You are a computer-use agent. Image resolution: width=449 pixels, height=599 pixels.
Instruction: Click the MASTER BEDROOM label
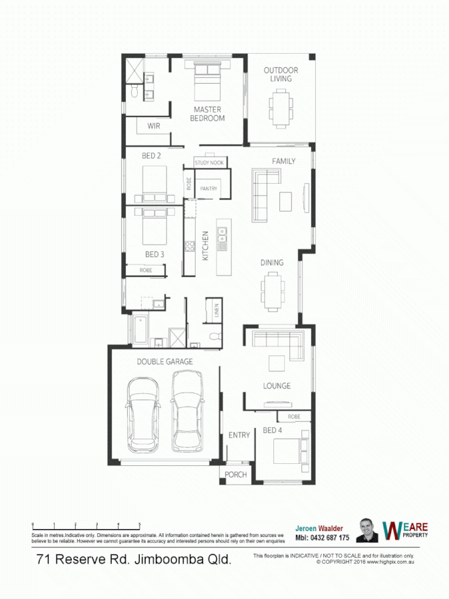(208, 114)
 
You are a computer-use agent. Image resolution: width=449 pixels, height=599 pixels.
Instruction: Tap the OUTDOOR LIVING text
(281, 75)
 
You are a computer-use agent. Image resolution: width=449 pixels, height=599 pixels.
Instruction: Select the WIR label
(154, 125)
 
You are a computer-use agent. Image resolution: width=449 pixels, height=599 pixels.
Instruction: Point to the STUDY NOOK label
(210, 162)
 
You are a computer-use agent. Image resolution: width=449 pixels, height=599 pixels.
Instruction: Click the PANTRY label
(209, 189)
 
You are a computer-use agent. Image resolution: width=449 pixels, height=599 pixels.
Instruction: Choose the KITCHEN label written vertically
(206, 246)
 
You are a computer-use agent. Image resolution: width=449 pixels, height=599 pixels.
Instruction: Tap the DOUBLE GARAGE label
(165, 361)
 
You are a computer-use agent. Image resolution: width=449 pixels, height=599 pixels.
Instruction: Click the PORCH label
(236, 475)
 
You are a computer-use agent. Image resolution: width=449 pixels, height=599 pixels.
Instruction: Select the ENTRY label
(239, 435)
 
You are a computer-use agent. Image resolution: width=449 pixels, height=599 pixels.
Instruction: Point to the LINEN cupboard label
(216, 310)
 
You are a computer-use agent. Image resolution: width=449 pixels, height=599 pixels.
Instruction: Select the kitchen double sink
(222, 234)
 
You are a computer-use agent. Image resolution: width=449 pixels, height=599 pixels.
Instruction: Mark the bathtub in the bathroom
(141, 329)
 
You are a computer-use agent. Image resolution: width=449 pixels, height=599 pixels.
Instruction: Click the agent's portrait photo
(367, 530)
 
